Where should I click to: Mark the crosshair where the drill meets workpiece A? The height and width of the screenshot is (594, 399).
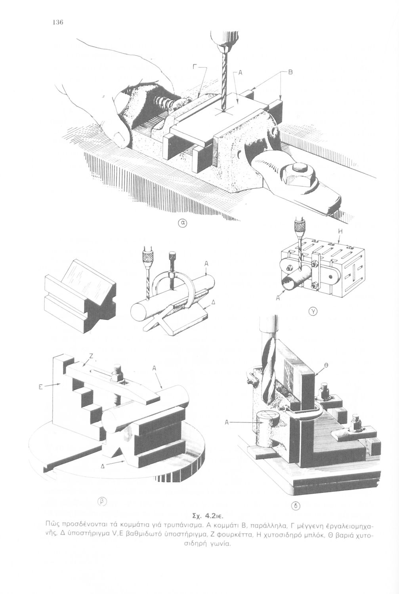click(x=223, y=112)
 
